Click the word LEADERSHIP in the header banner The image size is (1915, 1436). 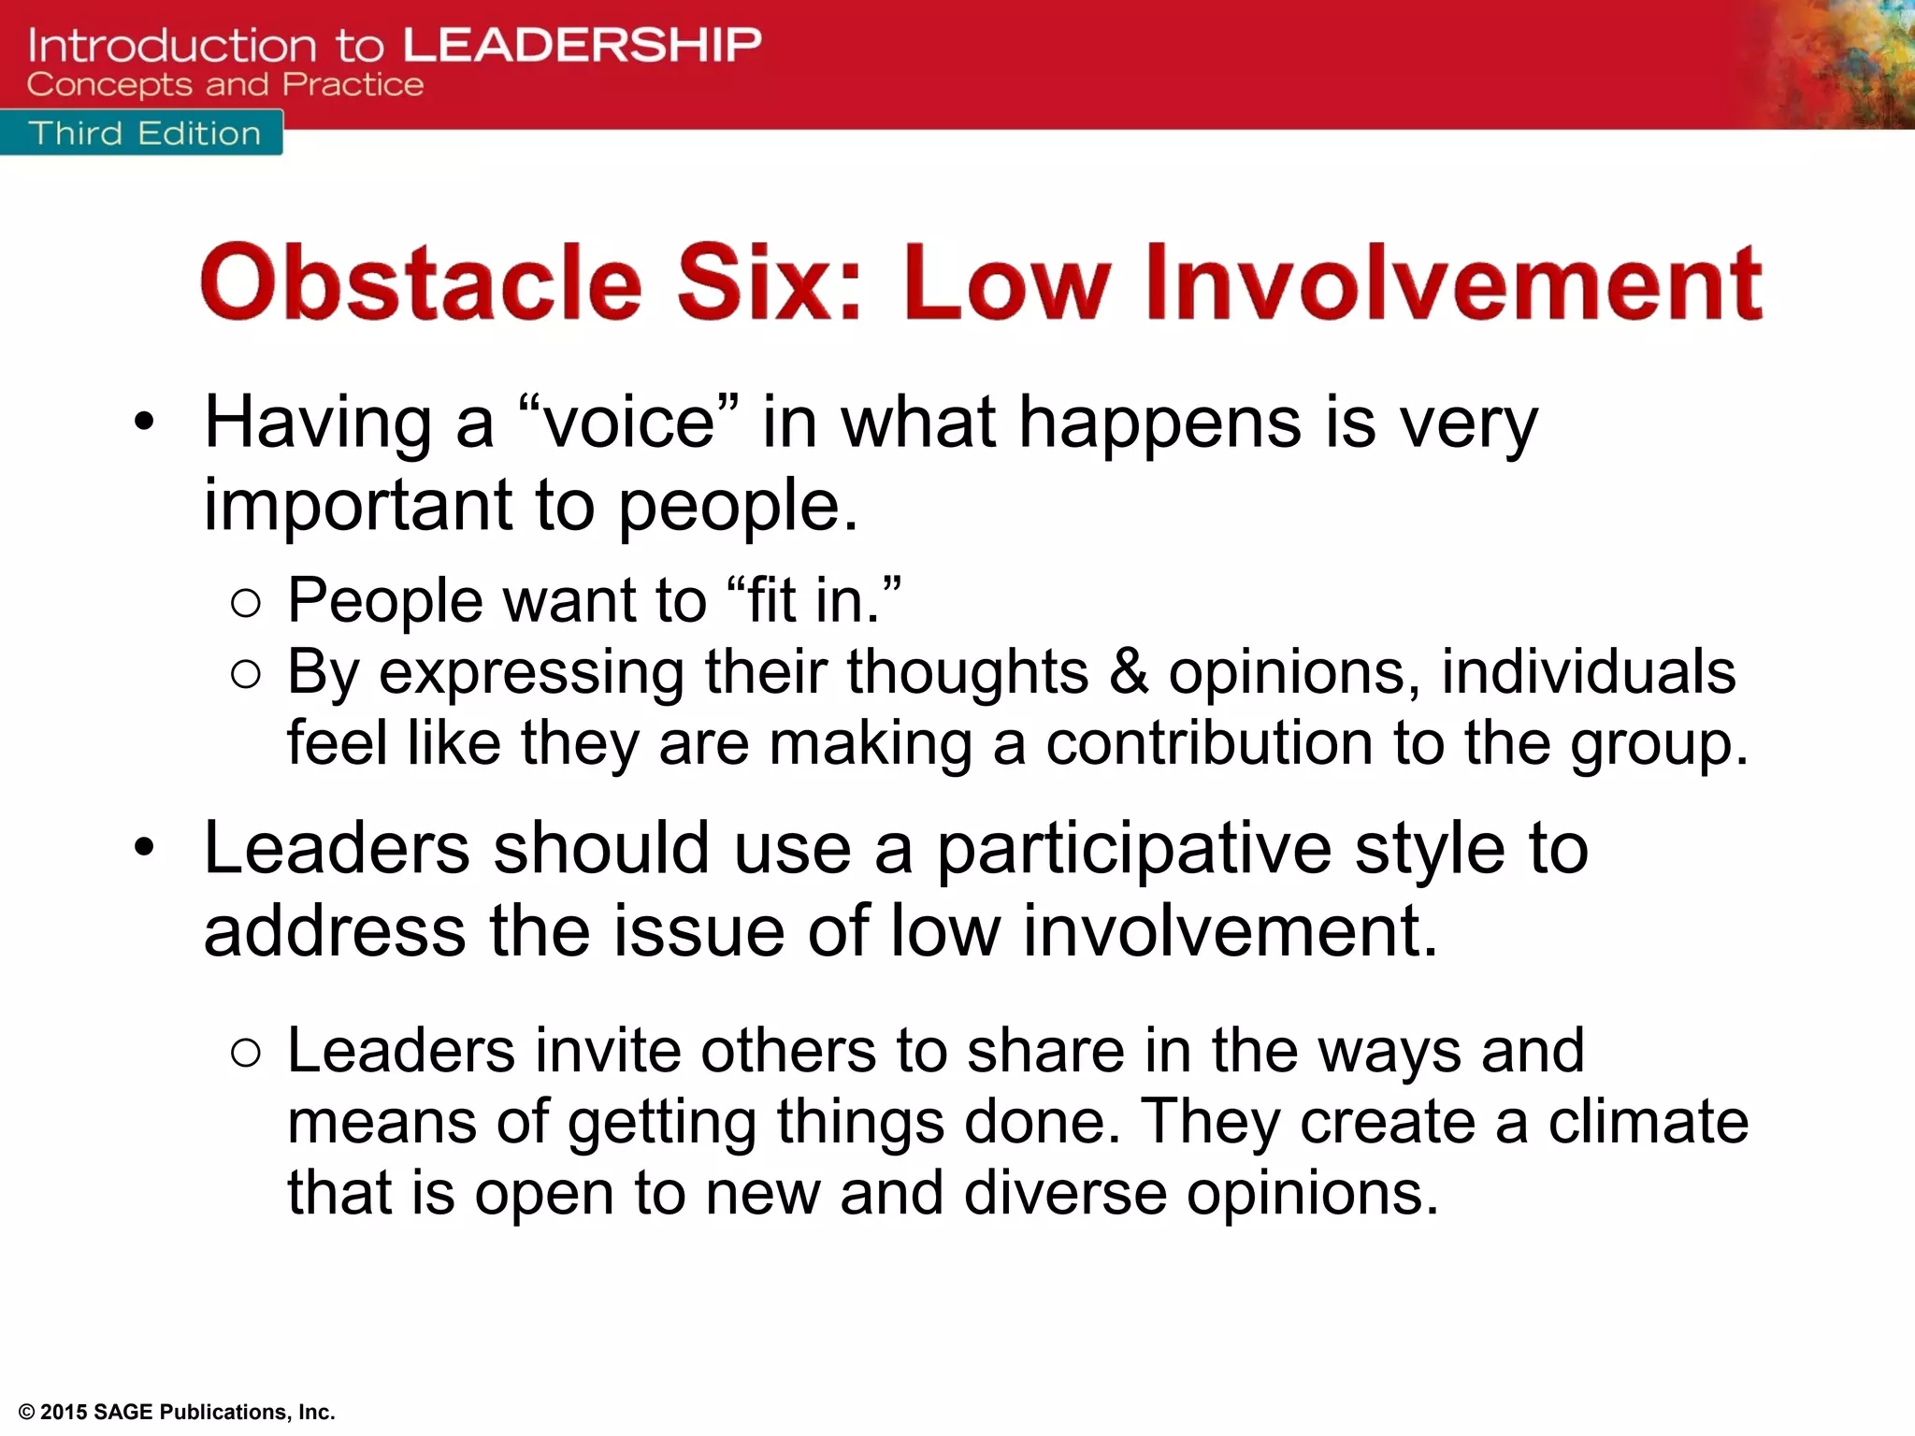pos(583,45)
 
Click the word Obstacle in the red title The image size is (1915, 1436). pos(421,281)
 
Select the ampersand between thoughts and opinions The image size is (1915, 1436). pos(1129,672)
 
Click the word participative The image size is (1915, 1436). pos(1133,850)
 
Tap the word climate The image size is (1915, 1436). pos(1648,1122)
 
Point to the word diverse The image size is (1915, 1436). pos(1065,1194)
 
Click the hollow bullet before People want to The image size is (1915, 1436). pos(245,604)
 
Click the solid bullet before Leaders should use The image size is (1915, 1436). pos(143,849)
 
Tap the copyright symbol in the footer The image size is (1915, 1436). pos(27,1413)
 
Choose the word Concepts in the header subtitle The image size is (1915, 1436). pos(110,85)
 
